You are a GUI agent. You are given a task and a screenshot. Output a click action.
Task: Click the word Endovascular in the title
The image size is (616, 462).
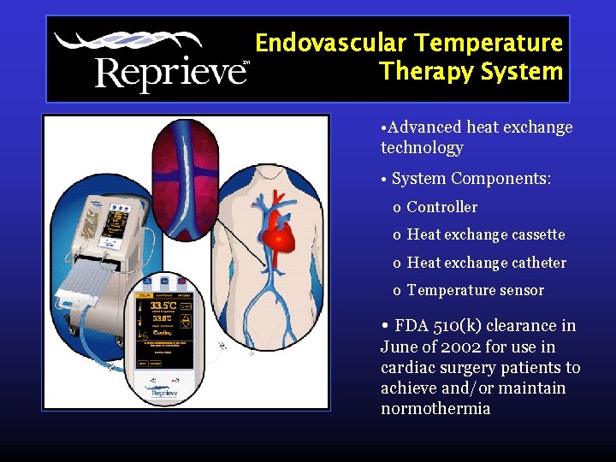(x=331, y=43)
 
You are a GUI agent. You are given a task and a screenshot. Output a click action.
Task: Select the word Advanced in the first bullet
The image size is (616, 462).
(x=424, y=127)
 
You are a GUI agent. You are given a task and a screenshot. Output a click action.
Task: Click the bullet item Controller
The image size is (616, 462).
(x=441, y=207)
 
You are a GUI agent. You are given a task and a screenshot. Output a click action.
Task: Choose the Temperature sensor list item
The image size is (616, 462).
(x=475, y=290)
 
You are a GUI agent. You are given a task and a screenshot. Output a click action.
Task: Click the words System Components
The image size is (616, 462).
(x=471, y=179)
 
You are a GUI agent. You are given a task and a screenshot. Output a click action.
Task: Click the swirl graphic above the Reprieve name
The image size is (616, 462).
(x=128, y=42)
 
